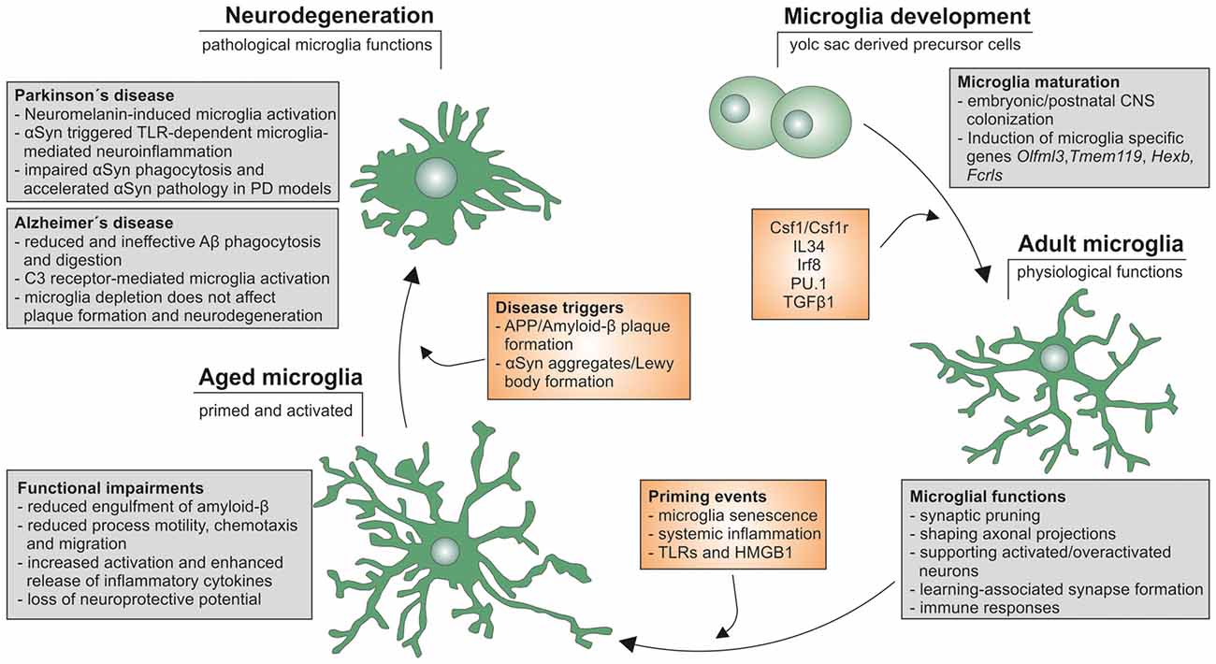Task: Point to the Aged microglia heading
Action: (280, 379)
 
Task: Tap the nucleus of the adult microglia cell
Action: (1054, 358)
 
